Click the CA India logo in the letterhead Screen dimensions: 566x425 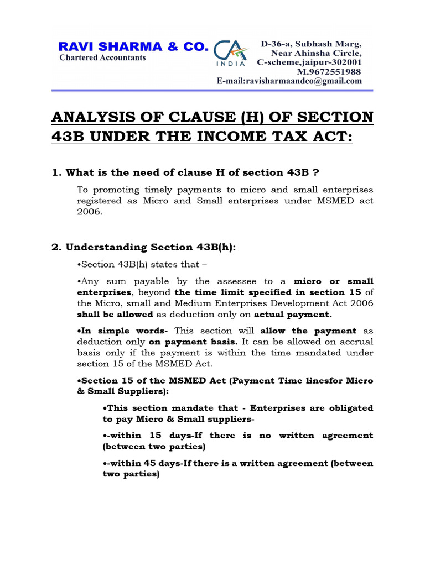point(233,54)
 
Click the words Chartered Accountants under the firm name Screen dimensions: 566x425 point(103,57)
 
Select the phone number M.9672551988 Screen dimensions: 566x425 point(329,72)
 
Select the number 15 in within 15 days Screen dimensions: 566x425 point(157,436)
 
